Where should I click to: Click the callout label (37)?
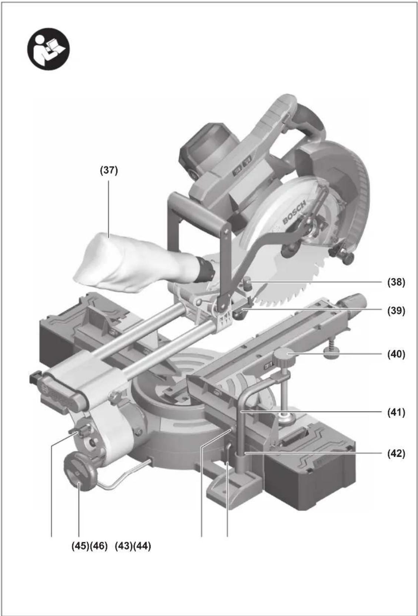click(x=109, y=170)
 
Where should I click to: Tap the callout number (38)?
click(x=396, y=282)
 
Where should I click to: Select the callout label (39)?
click(x=396, y=311)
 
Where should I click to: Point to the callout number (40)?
click(x=396, y=354)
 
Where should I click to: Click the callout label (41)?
click(x=396, y=413)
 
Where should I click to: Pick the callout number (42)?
click(x=396, y=454)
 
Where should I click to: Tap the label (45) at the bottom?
click(x=80, y=546)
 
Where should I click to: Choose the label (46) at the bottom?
click(x=99, y=546)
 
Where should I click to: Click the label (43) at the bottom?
click(x=124, y=546)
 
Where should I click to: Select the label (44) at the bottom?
click(x=142, y=546)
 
